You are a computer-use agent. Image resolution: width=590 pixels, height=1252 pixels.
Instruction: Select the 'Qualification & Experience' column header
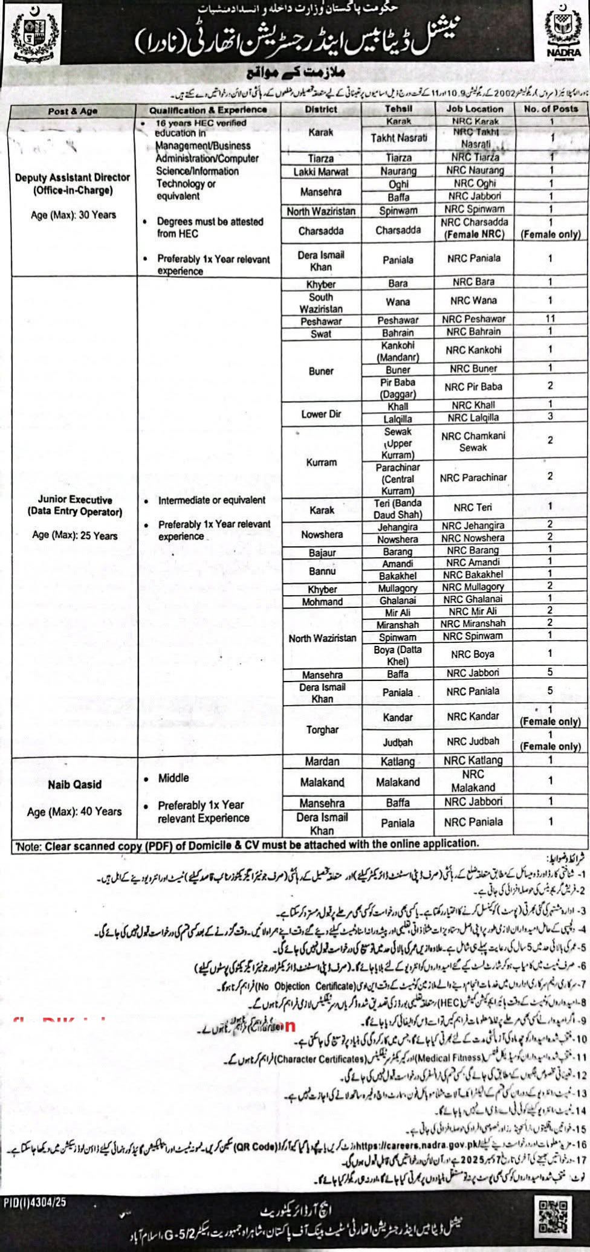point(208,110)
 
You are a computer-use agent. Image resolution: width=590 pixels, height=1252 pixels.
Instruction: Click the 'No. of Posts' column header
point(551,109)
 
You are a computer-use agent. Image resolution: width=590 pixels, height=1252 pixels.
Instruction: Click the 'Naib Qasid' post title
point(74,784)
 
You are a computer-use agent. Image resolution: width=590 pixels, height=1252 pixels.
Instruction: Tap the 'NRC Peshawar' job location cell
point(473,319)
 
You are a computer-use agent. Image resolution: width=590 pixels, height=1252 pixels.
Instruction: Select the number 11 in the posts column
point(550,318)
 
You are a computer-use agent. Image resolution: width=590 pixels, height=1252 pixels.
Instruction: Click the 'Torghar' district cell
point(322,730)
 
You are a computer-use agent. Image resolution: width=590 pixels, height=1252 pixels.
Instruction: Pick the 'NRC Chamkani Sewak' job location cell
point(473,442)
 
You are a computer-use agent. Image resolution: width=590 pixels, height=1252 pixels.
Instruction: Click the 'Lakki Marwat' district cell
point(321,172)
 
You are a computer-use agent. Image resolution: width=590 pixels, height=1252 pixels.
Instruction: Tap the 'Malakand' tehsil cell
point(398,782)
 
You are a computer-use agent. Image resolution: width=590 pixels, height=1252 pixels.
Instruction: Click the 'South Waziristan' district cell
point(321,303)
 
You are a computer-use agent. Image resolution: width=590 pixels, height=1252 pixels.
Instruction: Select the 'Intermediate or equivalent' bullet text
point(212,500)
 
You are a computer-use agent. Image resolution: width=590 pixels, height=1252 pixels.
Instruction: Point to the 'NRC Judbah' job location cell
point(473,741)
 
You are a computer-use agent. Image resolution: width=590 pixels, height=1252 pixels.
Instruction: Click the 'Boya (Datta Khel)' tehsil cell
point(398,656)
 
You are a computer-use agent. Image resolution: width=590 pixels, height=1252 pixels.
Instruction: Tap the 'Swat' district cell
point(321,334)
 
